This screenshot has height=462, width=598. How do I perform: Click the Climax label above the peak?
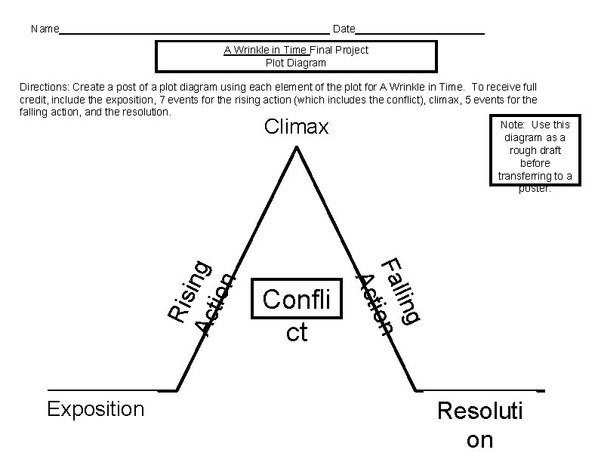[x=296, y=127]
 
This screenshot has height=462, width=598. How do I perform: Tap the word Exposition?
[x=95, y=409]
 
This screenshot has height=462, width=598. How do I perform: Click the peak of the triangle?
[x=296, y=148]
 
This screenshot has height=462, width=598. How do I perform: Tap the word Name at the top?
[x=45, y=29]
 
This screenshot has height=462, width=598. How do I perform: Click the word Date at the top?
[x=344, y=29]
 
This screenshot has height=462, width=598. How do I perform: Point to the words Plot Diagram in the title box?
[x=296, y=63]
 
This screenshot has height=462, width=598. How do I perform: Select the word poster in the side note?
[x=535, y=189]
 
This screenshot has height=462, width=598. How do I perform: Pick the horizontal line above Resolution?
[x=479, y=390]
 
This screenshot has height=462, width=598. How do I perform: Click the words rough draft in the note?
[x=535, y=150]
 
